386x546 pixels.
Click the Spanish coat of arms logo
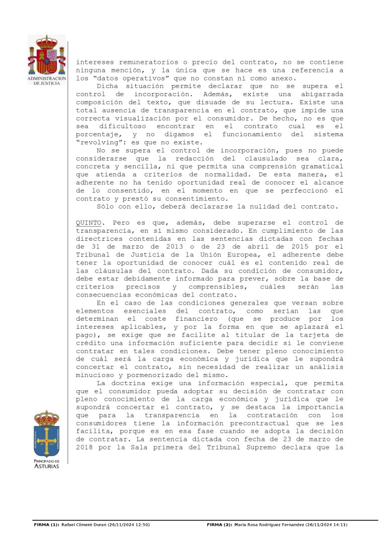(x=47, y=55)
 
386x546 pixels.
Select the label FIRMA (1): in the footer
(x=46, y=525)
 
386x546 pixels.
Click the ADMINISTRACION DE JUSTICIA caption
(x=47, y=81)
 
